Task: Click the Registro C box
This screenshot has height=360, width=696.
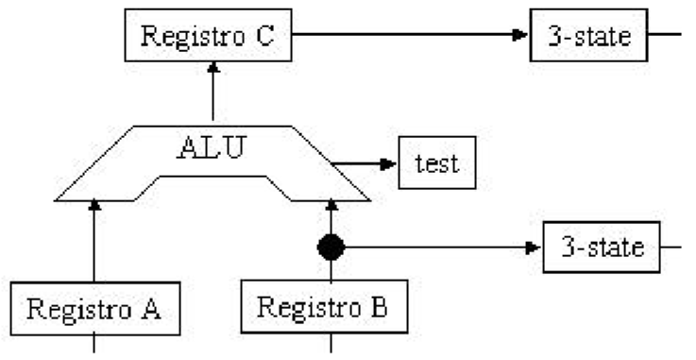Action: [208, 37]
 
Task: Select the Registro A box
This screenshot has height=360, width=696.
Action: [93, 308]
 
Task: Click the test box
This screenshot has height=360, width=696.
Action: [436, 163]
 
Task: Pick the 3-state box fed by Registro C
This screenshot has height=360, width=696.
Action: [590, 36]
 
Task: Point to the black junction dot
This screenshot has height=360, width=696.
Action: [331, 248]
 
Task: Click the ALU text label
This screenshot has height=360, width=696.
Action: [210, 148]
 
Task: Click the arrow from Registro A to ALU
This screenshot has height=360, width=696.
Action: [93, 241]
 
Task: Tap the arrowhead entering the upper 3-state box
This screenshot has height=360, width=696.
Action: [520, 36]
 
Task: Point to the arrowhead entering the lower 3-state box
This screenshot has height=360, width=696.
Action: [535, 248]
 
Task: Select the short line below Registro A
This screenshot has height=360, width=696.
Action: [93, 343]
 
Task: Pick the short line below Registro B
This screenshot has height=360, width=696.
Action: [331, 343]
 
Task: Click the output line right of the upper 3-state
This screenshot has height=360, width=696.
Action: [667, 36]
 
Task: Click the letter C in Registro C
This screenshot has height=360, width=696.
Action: [265, 37]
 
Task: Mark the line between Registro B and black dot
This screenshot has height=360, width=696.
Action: [331, 270]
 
